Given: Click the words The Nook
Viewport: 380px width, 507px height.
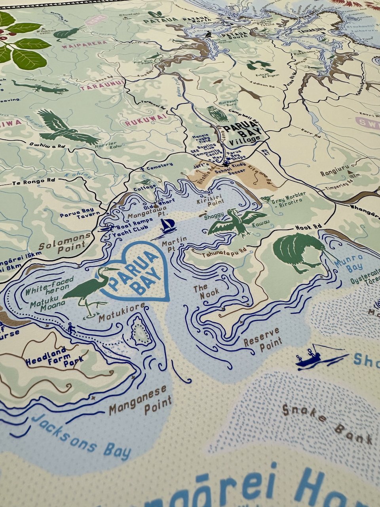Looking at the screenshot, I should [206, 292].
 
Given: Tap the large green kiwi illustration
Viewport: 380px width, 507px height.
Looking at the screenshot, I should [297, 252].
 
